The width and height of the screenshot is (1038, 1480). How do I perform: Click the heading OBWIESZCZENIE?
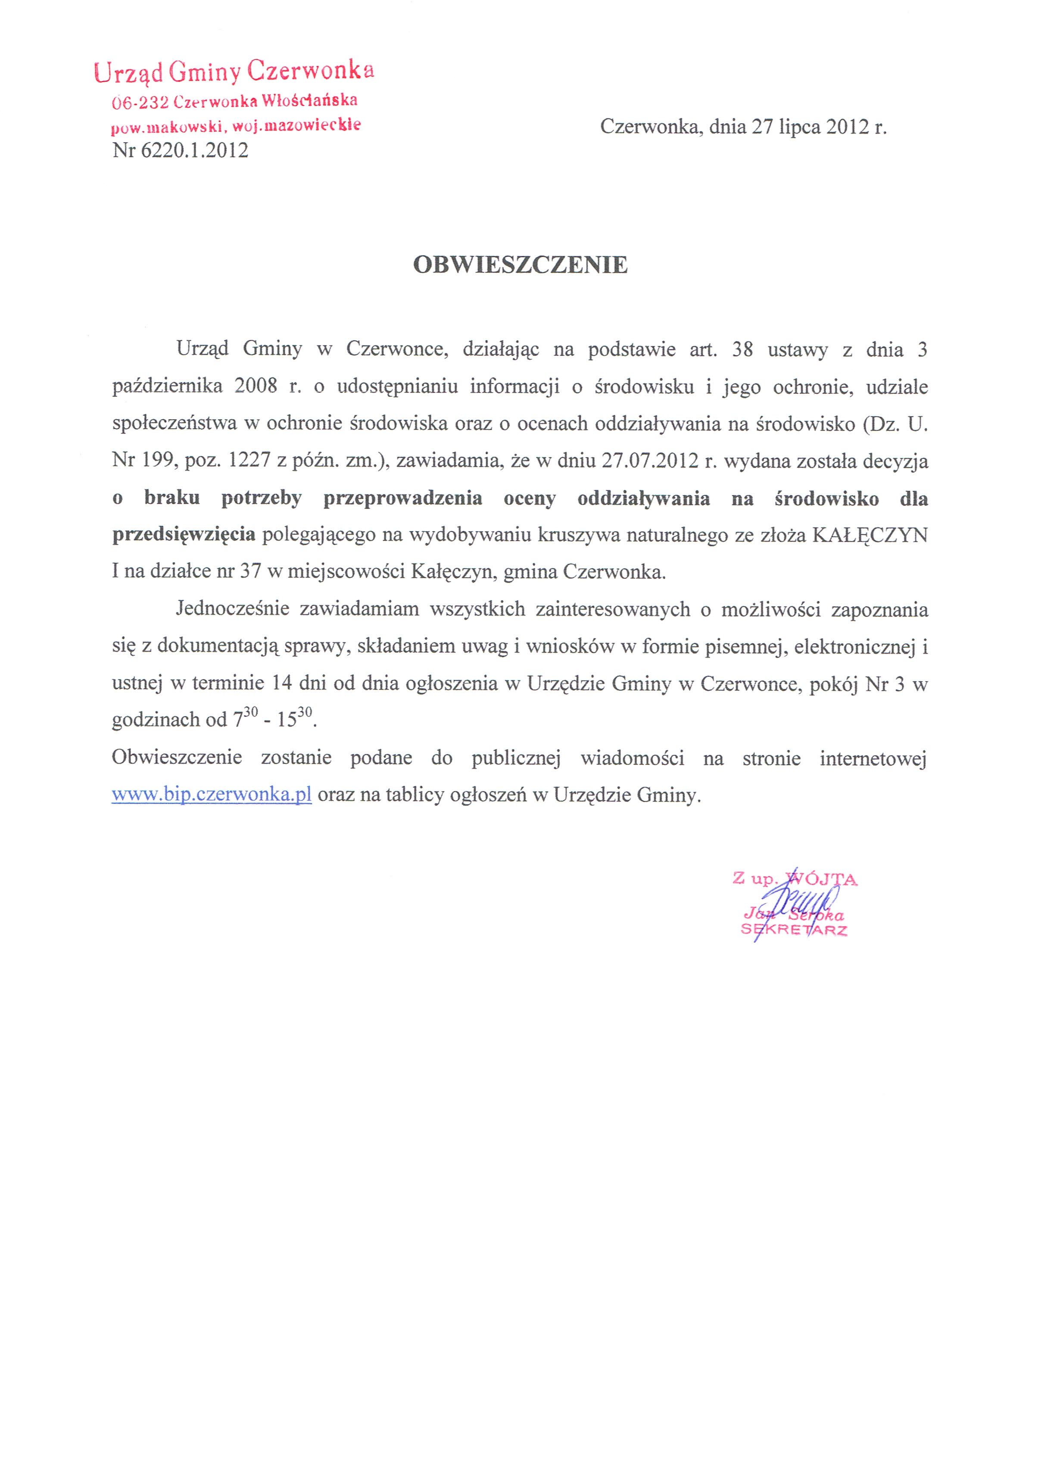point(520,265)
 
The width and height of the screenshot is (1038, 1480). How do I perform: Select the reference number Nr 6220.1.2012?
point(180,150)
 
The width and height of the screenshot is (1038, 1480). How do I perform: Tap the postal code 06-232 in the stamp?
point(140,102)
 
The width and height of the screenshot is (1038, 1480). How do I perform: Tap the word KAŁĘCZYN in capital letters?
point(869,536)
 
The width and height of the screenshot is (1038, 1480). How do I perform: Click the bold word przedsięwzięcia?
point(184,536)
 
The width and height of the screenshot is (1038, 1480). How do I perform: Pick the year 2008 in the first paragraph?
point(256,387)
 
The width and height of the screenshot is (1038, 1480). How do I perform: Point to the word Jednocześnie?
point(232,609)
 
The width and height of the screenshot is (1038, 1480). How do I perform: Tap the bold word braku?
point(172,498)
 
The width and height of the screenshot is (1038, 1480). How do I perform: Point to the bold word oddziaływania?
point(643,498)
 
